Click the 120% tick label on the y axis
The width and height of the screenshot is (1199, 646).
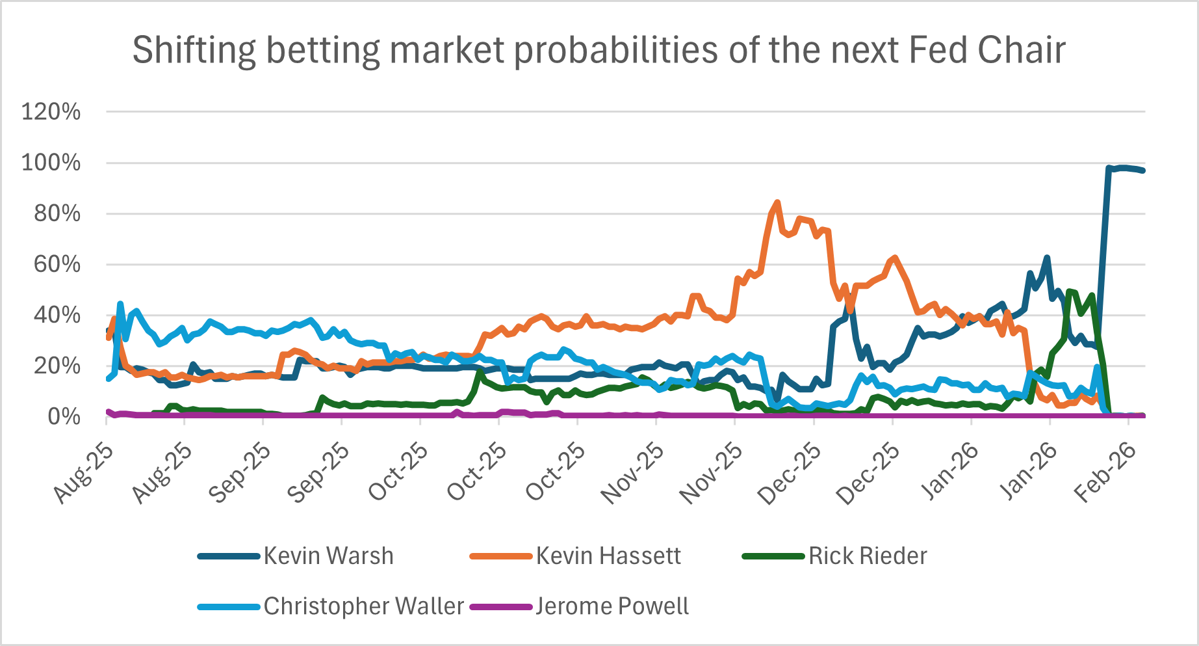click(51, 112)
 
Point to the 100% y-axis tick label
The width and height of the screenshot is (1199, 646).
click(51, 163)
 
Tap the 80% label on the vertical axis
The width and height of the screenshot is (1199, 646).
click(57, 213)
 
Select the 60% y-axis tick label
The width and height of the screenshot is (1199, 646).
click(57, 264)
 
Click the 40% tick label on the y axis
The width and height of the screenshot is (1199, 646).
click(57, 315)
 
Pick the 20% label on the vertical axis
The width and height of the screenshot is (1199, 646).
click(57, 366)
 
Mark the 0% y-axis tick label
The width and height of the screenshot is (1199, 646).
click(63, 416)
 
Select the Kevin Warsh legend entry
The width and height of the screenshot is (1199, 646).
click(328, 556)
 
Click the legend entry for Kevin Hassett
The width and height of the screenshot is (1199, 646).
click(608, 556)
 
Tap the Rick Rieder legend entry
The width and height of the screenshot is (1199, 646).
click(867, 556)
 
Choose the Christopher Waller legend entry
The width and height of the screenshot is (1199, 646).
click(363, 606)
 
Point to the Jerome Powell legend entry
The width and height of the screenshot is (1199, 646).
click(612, 606)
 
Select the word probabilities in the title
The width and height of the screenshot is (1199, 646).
click(618, 51)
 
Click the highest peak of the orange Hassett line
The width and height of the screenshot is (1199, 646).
click(777, 203)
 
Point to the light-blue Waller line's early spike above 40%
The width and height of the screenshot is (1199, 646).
click(120, 304)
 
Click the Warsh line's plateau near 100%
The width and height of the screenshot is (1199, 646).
click(1125, 168)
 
